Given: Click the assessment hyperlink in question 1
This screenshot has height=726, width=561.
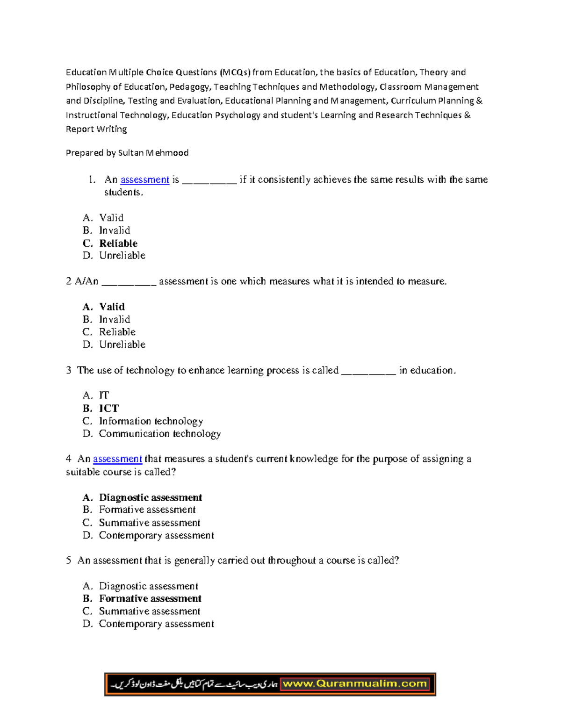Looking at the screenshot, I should pyautogui.click(x=144, y=180).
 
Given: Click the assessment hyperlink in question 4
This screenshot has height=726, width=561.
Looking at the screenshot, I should pyautogui.click(x=117, y=459).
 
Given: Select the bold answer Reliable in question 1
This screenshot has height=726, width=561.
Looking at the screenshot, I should pyautogui.click(x=118, y=244).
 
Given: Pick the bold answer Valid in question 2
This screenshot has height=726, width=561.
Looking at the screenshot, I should pyautogui.click(x=112, y=307).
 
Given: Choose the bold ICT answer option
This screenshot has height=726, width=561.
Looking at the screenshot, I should pyautogui.click(x=109, y=408).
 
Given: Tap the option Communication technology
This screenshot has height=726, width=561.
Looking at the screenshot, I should pyautogui.click(x=159, y=434).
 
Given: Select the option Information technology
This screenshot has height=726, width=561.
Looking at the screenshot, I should pyautogui.click(x=151, y=421).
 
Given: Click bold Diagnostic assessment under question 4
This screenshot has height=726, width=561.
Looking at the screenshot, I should pyautogui.click(x=151, y=497).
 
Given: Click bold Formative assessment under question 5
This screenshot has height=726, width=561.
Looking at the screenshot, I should pyautogui.click(x=150, y=598).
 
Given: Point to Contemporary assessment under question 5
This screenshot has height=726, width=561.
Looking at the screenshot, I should pyautogui.click(x=156, y=624).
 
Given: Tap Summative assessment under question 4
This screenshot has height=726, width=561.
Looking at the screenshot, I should pyautogui.click(x=150, y=523).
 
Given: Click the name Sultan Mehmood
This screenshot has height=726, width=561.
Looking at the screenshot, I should pyautogui.click(x=153, y=153).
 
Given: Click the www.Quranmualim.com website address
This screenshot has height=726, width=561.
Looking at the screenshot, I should pyautogui.click(x=355, y=684).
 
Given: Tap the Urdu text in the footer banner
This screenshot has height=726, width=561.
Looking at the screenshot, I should pyautogui.click(x=194, y=684).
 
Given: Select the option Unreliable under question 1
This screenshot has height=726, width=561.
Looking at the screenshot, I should pyautogui.click(x=122, y=256).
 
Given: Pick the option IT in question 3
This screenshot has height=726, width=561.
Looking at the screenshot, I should pyautogui.click(x=104, y=395).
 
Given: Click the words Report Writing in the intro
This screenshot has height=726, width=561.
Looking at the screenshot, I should pyautogui.click(x=96, y=129).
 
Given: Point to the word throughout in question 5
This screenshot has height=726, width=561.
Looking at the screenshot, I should pyautogui.click(x=292, y=561).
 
